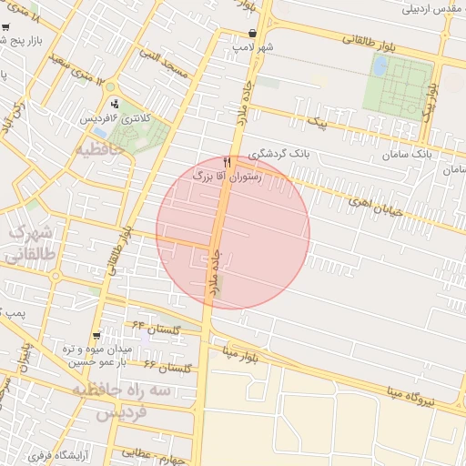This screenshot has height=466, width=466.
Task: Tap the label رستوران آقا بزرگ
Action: [x=226, y=177]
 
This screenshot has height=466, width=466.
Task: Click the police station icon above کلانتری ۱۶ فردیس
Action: [x=114, y=105]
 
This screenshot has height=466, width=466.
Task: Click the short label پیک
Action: [x=318, y=120]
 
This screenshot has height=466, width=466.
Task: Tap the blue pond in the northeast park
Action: [x=380, y=66]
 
